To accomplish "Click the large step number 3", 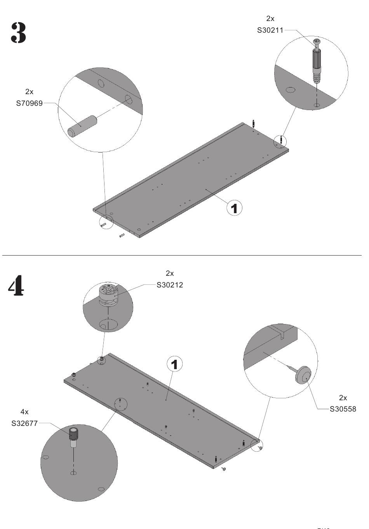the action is coord(18,33).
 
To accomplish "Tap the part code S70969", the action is coord(30,103).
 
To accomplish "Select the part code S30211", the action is coord(270,30).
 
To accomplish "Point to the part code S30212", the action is coord(170,285).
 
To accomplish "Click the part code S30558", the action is coord(343,409).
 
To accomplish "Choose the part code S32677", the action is coord(24,423).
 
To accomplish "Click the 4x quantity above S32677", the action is coord(24,412).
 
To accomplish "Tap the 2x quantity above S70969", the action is coord(30,92).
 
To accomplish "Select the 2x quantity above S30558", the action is coord(343,398).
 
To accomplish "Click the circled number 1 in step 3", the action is coord(234,208).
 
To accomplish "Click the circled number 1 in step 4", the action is coord(175,364).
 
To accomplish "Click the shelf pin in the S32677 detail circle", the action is coord(73,437).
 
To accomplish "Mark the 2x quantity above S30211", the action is coord(270,18).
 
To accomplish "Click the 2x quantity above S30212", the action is coord(170,273).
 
